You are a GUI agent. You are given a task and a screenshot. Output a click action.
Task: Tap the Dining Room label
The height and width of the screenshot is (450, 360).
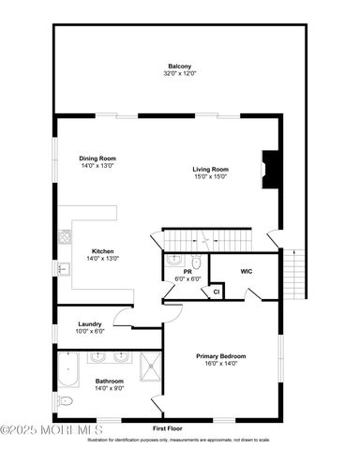[x=97, y=159]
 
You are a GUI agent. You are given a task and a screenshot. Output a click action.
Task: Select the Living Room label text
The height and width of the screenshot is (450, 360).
[x=211, y=170]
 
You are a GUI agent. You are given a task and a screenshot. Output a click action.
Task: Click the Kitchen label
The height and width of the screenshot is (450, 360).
[x=103, y=250]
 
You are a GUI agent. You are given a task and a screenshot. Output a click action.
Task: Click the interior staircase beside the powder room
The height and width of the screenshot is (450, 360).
[x=208, y=239]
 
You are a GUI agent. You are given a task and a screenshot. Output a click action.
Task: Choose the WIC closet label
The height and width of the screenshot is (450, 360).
[x=247, y=271]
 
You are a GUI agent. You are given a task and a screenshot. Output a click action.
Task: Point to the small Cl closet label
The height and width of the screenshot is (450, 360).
[x=216, y=292]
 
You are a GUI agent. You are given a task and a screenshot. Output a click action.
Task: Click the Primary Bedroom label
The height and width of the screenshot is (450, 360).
[x=221, y=356]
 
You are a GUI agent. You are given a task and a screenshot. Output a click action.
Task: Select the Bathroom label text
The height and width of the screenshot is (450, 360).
[x=110, y=381]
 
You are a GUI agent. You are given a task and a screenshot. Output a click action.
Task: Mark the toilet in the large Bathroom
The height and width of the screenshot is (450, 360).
[x=64, y=401]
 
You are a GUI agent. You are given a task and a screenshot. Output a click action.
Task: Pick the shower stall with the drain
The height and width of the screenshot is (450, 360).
[x=151, y=369]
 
